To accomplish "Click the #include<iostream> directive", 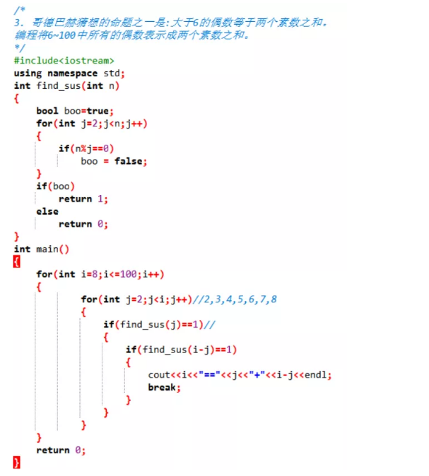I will click(x=64, y=61).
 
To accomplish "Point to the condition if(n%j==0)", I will click(x=86, y=149).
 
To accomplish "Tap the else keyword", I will click(x=47, y=211).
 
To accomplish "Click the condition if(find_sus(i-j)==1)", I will click(x=181, y=350).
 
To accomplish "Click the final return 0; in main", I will click(x=61, y=450).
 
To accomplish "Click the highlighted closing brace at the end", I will click(x=17, y=463).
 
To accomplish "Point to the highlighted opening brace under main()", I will click(x=17, y=261).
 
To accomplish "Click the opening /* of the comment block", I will click(x=18, y=11).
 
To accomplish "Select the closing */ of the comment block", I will click(x=18, y=48).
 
